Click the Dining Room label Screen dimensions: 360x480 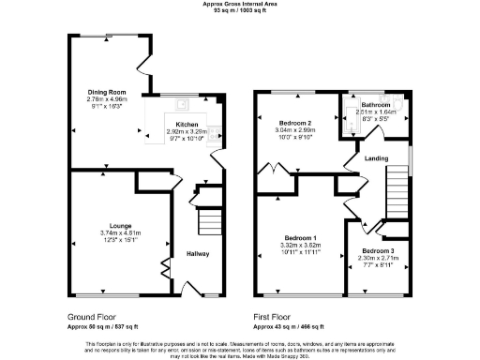click(x=106, y=92)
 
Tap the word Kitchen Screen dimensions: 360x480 click(x=187, y=123)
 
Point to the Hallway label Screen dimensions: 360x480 click(x=197, y=254)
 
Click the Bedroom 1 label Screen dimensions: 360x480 click(x=301, y=239)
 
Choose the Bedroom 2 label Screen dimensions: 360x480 click(x=297, y=123)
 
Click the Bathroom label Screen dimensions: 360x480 click(x=377, y=105)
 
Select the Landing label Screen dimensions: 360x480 click(x=377, y=159)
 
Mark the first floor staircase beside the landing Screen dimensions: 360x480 click(x=400, y=178)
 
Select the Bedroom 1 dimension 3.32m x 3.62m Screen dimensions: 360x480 click(x=301, y=247)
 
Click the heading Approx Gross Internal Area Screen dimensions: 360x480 click(x=239, y=4)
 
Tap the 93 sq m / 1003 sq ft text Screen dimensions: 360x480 click(x=239, y=11)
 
